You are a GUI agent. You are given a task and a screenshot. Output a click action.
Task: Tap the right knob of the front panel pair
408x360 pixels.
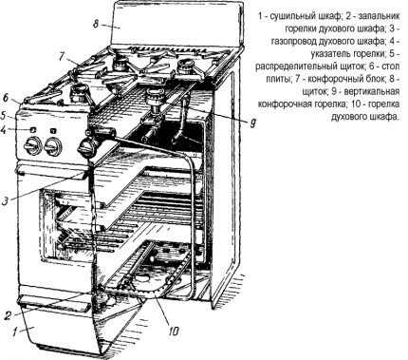coord(53,148)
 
